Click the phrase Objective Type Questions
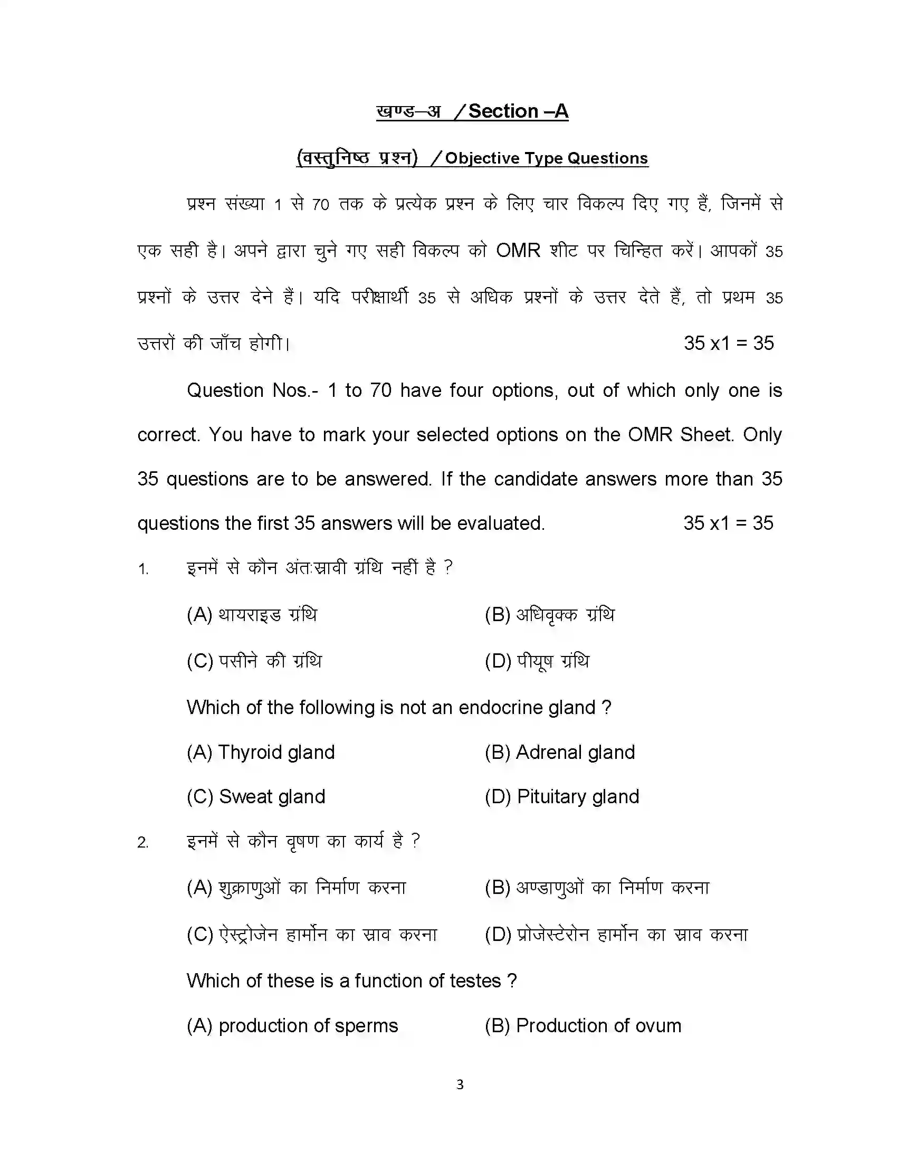click(x=546, y=158)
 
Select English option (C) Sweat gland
click(x=255, y=796)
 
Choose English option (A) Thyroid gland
click(x=260, y=752)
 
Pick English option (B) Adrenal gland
click(x=559, y=752)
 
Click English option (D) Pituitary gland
click(x=562, y=796)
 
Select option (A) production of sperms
click(x=292, y=1025)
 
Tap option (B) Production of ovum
click(x=583, y=1025)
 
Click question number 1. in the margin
click(x=143, y=569)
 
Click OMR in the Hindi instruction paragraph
click(x=518, y=250)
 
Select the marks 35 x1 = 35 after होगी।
click(x=729, y=344)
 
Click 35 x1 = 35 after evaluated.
click(x=728, y=523)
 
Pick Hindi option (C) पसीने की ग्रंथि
click(x=254, y=661)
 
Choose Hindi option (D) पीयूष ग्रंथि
click(x=537, y=661)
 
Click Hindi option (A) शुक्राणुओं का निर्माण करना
click(x=296, y=888)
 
